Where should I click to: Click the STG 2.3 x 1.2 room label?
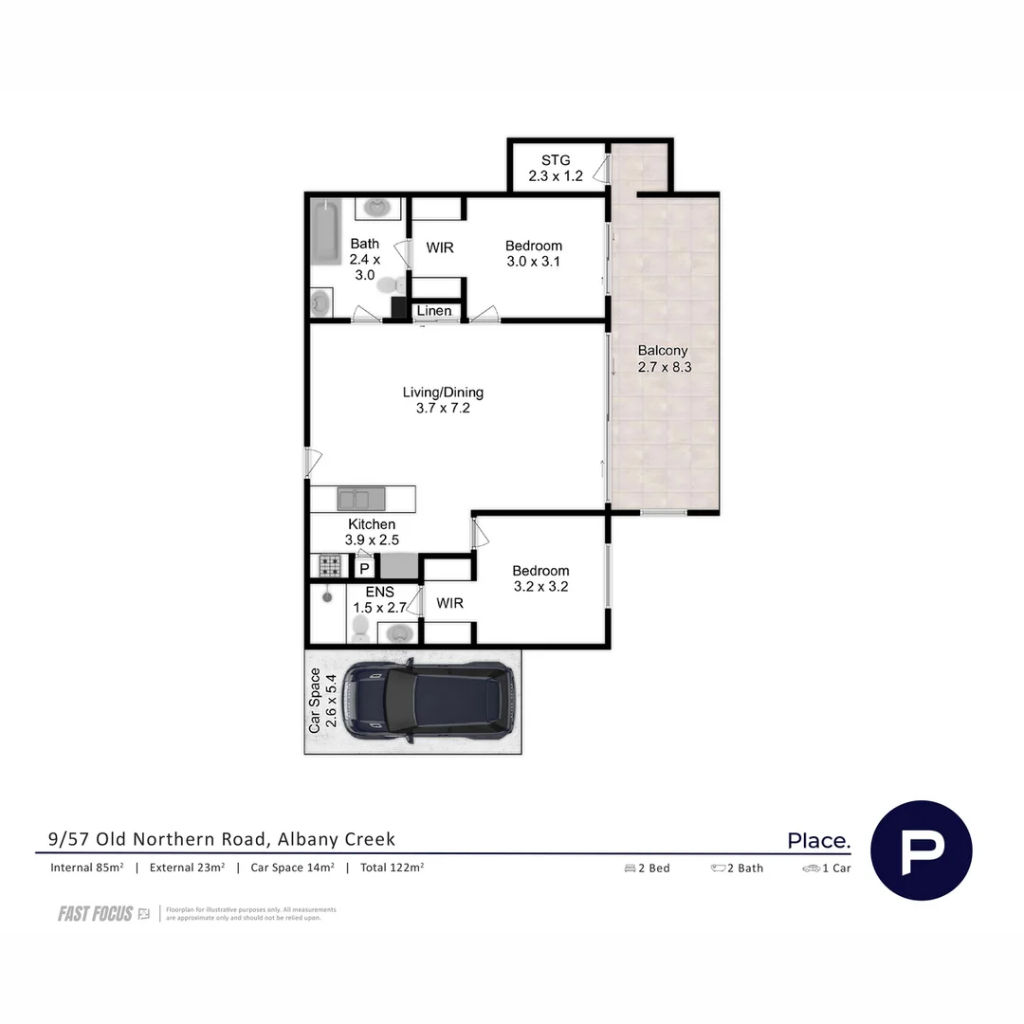click(556, 168)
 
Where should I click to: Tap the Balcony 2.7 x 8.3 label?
click(663, 358)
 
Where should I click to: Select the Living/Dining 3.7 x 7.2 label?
click(443, 400)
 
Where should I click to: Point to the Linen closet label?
click(434, 311)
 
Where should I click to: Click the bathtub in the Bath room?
click(327, 233)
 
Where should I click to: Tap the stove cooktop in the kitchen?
click(329, 567)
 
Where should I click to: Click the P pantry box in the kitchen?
click(364, 568)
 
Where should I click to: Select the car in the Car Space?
click(429, 702)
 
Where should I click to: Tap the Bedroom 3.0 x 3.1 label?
click(534, 253)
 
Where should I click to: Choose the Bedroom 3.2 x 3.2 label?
click(540, 578)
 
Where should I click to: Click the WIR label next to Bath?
click(439, 248)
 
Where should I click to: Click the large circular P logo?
click(921, 850)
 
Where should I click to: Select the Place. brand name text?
click(818, 840)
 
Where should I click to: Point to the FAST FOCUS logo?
click(103, 914)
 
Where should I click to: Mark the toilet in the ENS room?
click(360, 627)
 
